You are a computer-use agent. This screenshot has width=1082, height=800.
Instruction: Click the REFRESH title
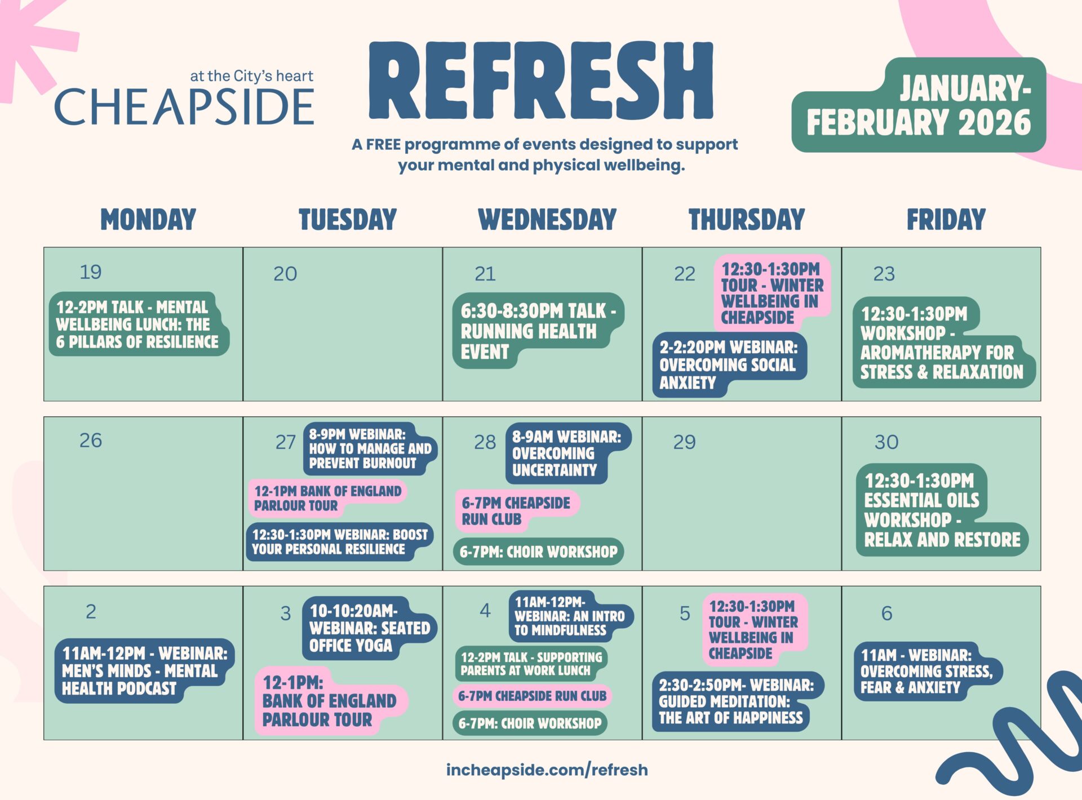[541, 81]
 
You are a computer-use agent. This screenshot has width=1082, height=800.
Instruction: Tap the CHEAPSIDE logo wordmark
[184, 106]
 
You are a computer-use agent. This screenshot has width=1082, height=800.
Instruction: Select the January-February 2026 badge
[919, 105]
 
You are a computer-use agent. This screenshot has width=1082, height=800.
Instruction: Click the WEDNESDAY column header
[547, 219]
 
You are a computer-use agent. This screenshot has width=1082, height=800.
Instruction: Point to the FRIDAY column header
[946, 219]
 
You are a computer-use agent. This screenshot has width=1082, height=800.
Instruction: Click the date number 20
[285, 274]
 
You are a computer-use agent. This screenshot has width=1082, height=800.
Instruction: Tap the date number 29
[684, 442]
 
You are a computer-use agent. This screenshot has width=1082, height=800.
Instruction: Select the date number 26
[91, 441]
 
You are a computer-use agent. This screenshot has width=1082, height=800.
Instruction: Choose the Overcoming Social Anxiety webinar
[729, 365]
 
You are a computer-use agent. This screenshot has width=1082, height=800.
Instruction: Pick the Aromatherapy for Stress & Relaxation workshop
[942, 343]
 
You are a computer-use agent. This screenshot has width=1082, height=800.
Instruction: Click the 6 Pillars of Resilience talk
[139, 324]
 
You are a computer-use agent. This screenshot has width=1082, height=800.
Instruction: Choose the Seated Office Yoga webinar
[370, 628]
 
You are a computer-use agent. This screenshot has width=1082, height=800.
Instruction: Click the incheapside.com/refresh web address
[547, 770]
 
